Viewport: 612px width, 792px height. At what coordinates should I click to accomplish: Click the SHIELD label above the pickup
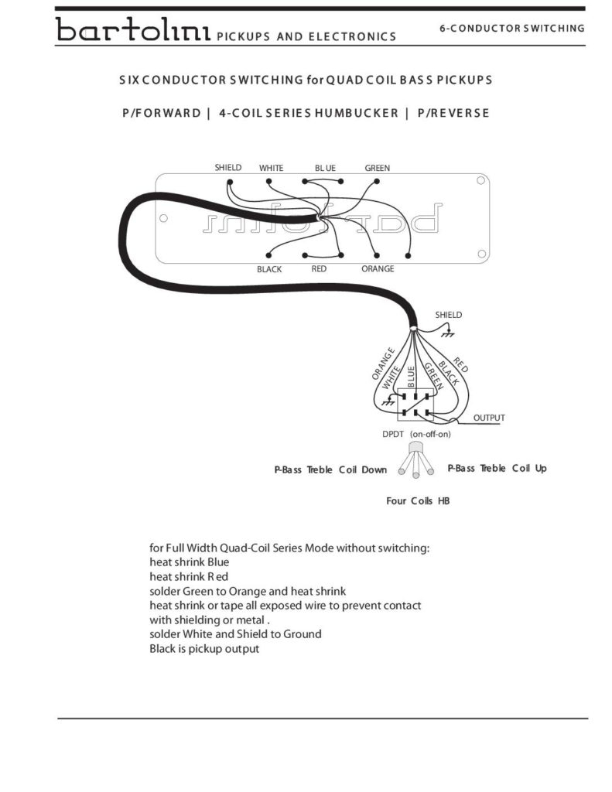pos(228,167)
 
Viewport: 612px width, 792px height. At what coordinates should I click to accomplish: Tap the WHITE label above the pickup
pos(271,168)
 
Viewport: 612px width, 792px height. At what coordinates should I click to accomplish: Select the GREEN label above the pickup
pos(378,168)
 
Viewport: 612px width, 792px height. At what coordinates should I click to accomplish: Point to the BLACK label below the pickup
pos(269,270)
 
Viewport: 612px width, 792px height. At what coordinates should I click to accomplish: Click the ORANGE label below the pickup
pos(378,269)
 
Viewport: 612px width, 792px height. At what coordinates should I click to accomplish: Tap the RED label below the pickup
pos(319,269)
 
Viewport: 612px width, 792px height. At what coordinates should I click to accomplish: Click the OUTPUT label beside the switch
pos(489,418)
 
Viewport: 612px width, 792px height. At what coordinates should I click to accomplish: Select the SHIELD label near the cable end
pos(448,316)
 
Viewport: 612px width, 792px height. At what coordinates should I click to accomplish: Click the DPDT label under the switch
pos(393,434)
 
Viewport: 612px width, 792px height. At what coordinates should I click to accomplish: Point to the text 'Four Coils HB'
pos(418,501)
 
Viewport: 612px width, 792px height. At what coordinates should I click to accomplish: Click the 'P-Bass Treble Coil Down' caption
pos(330,469)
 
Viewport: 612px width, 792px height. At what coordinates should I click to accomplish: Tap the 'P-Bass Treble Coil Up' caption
pos(497,469)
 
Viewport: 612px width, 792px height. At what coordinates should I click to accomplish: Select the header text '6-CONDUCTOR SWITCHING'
pos(512,29)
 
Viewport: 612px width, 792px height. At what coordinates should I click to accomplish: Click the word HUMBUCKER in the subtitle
pos(355,113)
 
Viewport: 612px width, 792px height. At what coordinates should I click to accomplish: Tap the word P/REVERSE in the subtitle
pos(453,113)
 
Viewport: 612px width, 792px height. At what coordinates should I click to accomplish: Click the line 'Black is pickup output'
pos(204,649)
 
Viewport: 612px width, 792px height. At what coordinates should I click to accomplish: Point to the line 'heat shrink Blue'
pos(189,562)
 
